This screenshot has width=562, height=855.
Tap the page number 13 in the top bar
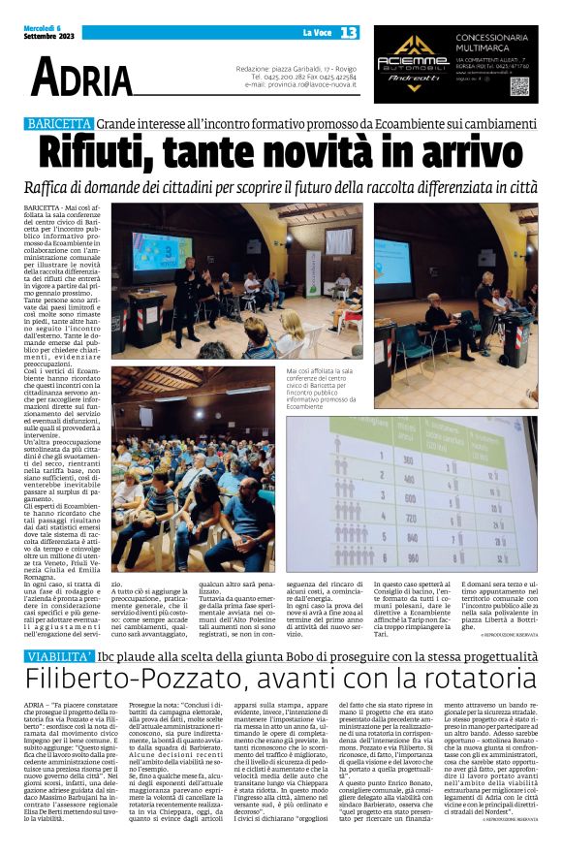pos(349,33)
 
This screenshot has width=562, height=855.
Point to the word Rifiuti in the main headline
pos(112,153)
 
